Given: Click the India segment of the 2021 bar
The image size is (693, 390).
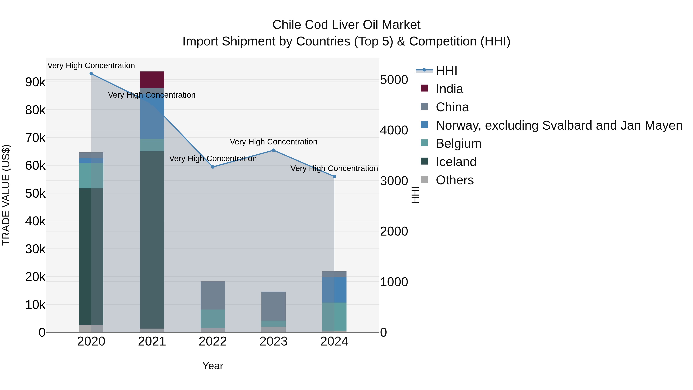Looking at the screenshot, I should pos(152,80).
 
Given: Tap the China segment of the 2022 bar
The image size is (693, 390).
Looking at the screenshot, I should pos(213,295).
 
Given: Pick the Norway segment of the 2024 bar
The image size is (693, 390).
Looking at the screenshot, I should pos(334,290).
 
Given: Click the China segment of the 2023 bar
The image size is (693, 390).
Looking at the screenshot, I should pos(274,306).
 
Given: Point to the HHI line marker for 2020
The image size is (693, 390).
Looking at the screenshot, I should pos(91,74).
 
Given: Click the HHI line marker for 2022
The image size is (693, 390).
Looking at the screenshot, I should pos(213,167).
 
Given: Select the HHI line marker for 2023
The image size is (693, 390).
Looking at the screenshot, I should pos(274,150).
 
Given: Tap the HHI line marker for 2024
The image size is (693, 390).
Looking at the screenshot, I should pos(334,177).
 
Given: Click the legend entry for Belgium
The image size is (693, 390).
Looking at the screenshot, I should pos(458,143).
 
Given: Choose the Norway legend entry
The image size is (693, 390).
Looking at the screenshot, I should pos(559,125).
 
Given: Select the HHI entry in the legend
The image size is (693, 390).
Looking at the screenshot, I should pos(446,70).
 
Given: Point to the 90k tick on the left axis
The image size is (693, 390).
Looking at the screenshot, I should pos(35,82).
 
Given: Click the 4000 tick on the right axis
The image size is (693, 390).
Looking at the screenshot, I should pos(394,130).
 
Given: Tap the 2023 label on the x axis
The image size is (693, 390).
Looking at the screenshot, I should pos(274,341).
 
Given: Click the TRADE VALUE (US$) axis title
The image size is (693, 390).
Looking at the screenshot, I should pos(6,195).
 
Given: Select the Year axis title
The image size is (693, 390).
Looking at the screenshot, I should pos(213,366).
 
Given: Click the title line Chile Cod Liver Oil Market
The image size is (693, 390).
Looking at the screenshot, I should pos(346,25).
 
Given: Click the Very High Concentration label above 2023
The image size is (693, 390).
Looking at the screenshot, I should pos(274,142).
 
